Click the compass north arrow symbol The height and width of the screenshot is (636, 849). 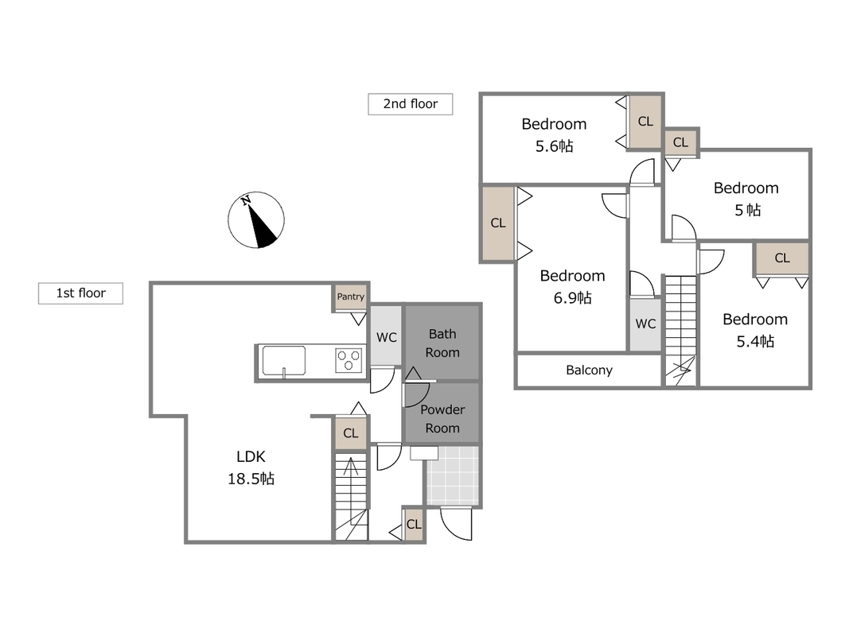coord(256,220)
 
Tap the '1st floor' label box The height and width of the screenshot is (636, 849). coord(80,293)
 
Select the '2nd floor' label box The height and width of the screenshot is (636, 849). coord(411,104)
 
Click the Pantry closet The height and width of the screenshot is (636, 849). coord(351,297)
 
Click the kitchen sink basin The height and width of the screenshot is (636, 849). coord(284,361)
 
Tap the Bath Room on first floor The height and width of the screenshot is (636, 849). coord(442,343)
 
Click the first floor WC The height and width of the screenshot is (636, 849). coord(386,336)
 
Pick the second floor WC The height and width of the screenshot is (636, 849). coord(645,324)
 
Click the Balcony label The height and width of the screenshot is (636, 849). coord(589,370)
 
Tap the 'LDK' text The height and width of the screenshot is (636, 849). coord(251,456)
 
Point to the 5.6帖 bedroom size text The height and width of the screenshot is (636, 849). coord(554,146)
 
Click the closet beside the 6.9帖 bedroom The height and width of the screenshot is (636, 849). coord(498,223)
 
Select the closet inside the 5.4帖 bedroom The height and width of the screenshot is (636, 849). coord(782,258)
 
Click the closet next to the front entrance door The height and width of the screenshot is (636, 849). coord(414,524)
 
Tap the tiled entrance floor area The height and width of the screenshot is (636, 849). coord(454,475)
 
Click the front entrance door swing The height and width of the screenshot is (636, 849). coord(456,524)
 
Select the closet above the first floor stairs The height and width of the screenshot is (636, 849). coord(351,433)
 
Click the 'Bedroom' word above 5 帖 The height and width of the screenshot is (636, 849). coord(746,188)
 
